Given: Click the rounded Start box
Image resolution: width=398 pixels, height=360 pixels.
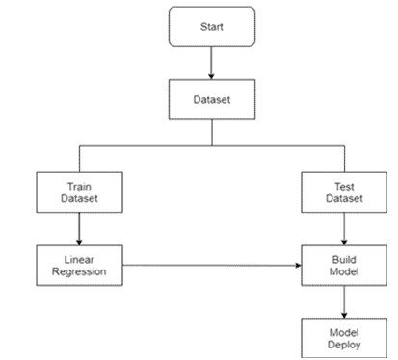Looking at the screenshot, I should click(210, 28).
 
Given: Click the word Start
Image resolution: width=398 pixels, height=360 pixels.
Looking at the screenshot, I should click(210, 28).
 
